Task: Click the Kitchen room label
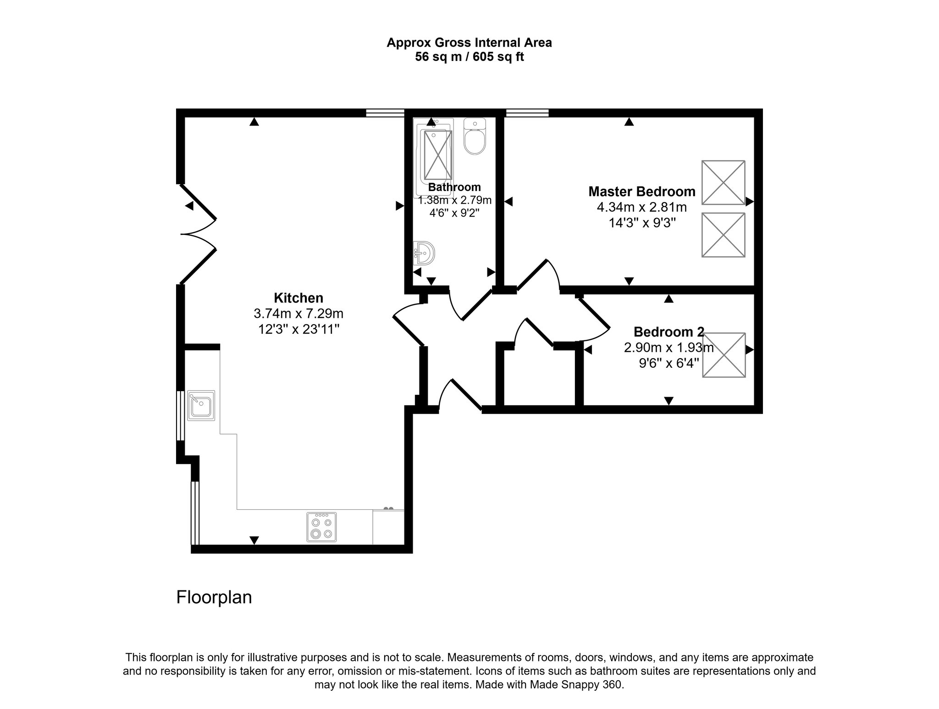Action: point(298,298)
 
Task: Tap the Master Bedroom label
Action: point(641,191)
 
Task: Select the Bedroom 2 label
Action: point(668,332)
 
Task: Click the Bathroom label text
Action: point(454,187)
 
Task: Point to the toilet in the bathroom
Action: point(475,137)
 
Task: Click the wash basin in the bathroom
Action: point(424,253)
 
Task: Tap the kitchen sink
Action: point(201,405)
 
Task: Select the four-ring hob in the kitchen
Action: point(321,528)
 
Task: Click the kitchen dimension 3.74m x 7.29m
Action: point(298,314)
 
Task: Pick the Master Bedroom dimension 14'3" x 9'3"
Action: point(641,223)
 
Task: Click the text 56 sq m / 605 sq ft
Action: point(469,57)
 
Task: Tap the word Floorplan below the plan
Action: point(214,597)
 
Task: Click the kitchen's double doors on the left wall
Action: point(197,234)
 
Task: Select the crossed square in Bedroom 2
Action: point(724,355)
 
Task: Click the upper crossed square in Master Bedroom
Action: point(723,182)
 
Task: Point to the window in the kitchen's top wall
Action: point(385,113)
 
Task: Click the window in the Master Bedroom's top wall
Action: point(527,113)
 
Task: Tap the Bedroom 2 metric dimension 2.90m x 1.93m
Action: point(668,348)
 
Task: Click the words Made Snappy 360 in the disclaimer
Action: point(575,685)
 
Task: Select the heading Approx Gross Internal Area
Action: point(469,43)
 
